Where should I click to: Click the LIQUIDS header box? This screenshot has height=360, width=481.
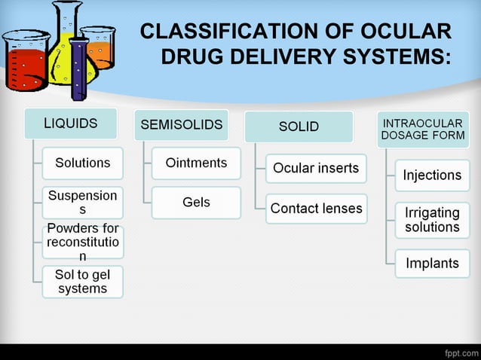pyautogui.click(x=70, y=124)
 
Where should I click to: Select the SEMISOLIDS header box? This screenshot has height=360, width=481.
pyautogui.click(x=181, y=125)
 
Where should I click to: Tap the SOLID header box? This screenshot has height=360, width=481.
pyautogui.click(x=299, y=127)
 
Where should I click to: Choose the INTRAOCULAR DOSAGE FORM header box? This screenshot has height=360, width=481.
pyautogui.click(x=423, y=130)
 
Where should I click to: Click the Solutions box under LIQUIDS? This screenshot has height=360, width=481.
pyautogui.click(x=82, y=163)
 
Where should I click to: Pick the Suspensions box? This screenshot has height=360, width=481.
pyautogui.click(x=82, y=202)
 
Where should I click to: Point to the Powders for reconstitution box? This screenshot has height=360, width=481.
pyautogui.click(x=82, y=242)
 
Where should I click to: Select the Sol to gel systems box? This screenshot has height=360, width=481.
pyautogui.click(x=82, y=282)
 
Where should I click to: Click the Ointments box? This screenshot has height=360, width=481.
pyautogui.click(x=196, y=163)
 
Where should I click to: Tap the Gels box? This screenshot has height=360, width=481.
pyautogui.click(x=196, y=203)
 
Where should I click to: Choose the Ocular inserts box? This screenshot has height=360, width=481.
pyautogui.click(x=316, y=168)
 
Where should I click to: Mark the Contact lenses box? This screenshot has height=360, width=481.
pyautogui.click(x=316, y=209)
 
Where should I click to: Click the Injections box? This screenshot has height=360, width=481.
pyautogui.click(x=432, y=175)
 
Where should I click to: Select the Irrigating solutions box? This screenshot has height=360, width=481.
pyautogui.click(x=432, y=220)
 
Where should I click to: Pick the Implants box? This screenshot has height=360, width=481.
pyautogui.click(x=432, y=264)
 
